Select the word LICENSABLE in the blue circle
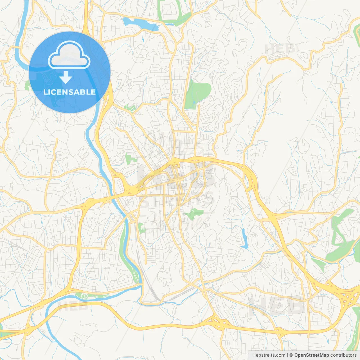69,92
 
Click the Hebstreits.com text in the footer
269,355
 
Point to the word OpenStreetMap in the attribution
311,355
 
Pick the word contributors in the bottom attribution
343,355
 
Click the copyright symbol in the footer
291,355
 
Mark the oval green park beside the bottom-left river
92,295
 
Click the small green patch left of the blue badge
27,85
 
